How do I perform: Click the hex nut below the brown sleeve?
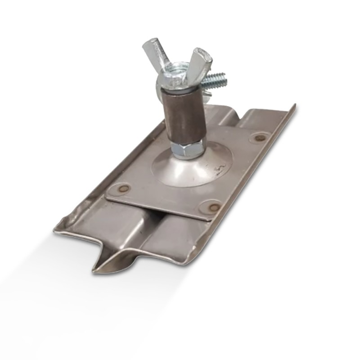189,148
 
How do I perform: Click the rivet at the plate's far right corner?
259,137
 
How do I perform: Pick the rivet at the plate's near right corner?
214,207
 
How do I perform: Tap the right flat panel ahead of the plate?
180,238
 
